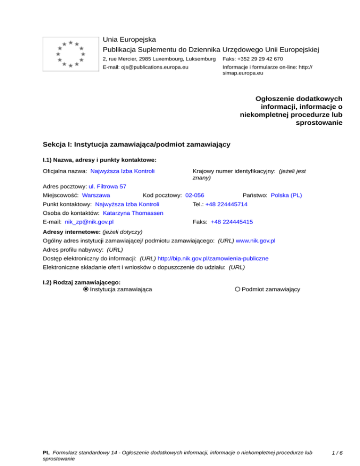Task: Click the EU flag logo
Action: [70, 53]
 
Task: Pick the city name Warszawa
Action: [96, 195]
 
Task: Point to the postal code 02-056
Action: [195, 195]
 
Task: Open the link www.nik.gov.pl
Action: [255, 241]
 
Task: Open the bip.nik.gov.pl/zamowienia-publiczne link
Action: [213, 258]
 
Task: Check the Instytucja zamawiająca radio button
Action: [86, 289]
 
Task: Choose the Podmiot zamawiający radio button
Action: [238, 289]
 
